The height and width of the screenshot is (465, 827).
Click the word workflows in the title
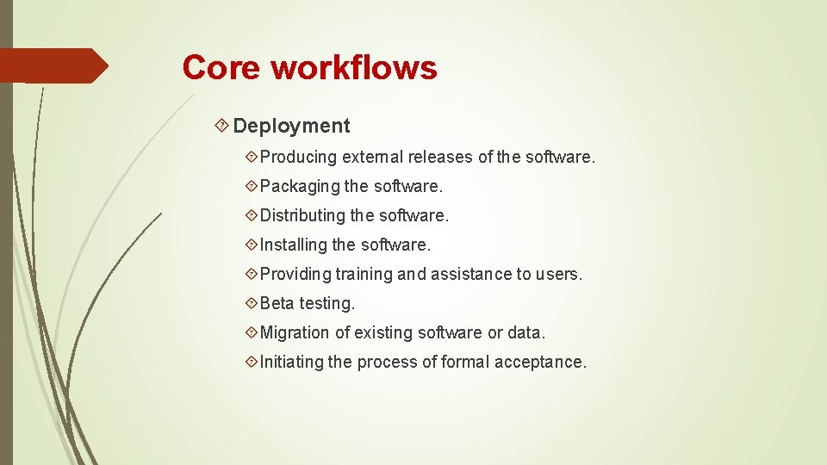point(354,67)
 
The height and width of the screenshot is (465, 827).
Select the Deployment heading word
point(291,126)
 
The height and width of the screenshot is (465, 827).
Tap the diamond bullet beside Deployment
point(221,127)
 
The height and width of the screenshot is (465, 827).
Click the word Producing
point(298,158)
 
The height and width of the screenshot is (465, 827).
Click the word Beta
point(277,303)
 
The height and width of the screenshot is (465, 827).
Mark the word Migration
point(295,332)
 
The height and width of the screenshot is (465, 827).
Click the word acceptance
point(540,362)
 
